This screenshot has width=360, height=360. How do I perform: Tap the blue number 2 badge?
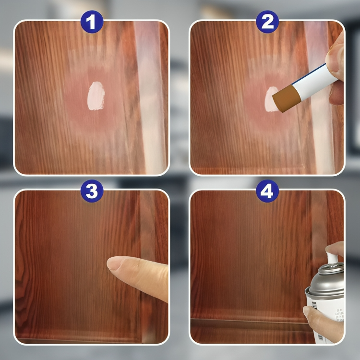pos(267,22)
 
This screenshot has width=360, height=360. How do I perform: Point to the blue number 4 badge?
pos(267,191)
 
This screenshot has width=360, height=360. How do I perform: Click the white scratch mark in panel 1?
pos(96,96)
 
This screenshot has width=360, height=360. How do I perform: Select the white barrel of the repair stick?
pos(312,82)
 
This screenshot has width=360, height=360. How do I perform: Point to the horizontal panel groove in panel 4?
pos(250,321)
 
